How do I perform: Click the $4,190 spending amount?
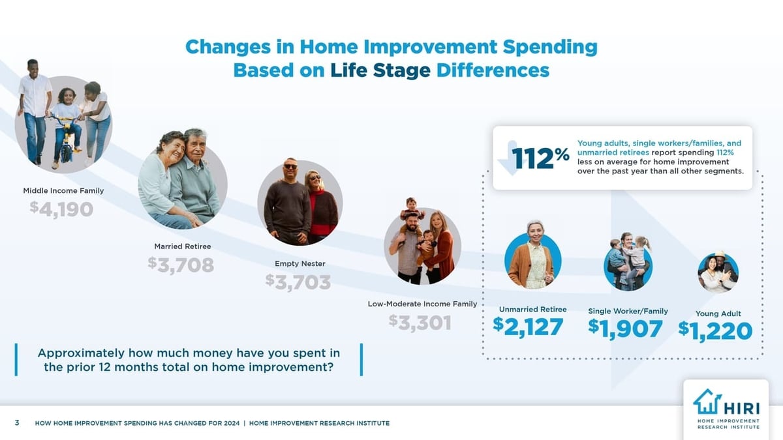[61, 209]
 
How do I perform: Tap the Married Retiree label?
[182, 246]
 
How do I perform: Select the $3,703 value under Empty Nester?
[298, 282]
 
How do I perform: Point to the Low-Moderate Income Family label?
[422, 304]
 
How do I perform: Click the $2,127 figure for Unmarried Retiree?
[528, 327]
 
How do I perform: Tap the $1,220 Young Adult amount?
[715, 330]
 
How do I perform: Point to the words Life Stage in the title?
[380, 70]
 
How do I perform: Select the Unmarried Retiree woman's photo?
[533, 259]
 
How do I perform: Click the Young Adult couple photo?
[718, 272]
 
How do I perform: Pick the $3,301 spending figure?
[420, 322]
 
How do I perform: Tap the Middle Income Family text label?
[63, 190]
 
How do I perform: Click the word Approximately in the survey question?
[81, 353]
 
